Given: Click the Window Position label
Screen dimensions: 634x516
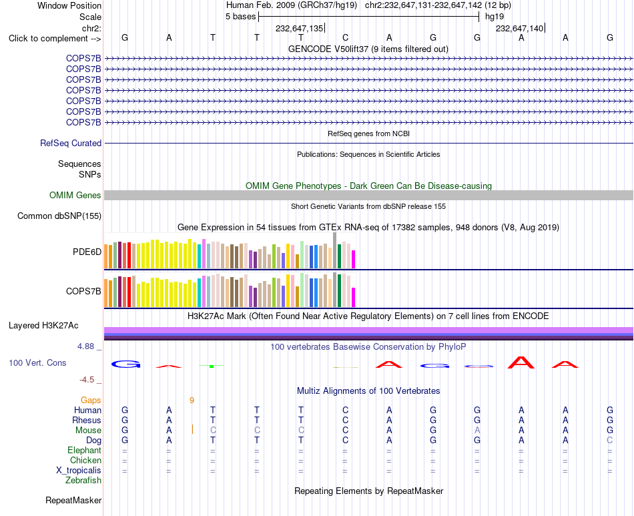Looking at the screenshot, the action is [x=69, y=5].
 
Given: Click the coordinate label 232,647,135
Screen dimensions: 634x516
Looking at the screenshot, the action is [x=299, y=28].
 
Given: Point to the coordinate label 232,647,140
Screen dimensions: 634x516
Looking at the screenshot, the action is [x=520, y=28].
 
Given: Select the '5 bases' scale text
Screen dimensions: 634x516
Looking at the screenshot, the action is [x=240, y=17].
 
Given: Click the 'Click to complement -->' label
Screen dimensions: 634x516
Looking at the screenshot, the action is [x=55, y=39].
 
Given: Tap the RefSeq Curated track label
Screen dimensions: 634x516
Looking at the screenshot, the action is [x=71, y=143].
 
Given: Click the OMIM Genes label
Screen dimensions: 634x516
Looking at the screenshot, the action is [x=75, y=196].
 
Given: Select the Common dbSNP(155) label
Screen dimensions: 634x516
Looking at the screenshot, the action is [x=59, y=216].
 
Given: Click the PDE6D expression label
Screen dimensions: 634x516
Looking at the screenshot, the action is [x=87, y=252].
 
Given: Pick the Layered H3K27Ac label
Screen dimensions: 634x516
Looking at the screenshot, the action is [x=43, y=326].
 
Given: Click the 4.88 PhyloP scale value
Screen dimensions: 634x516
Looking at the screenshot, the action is [x=85, y=346].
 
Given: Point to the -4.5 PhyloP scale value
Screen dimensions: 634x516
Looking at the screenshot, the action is [x=87, y=380].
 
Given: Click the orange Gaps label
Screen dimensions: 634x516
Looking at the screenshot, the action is [x=91, y=400].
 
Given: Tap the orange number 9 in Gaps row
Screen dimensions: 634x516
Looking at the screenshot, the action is [x=192, y=401].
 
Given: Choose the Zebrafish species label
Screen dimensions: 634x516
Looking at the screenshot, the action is [x=83, y=481].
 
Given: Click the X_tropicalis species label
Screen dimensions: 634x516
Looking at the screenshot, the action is [x=79, y=471].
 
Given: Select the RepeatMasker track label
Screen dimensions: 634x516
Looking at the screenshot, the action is [x=73, y=500].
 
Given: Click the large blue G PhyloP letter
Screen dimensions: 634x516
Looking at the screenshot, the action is [x=125, y=364].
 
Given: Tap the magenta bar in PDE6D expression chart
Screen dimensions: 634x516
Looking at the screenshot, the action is [x=354, y=259].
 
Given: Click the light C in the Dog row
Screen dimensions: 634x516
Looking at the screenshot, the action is [x=610, y=440].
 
